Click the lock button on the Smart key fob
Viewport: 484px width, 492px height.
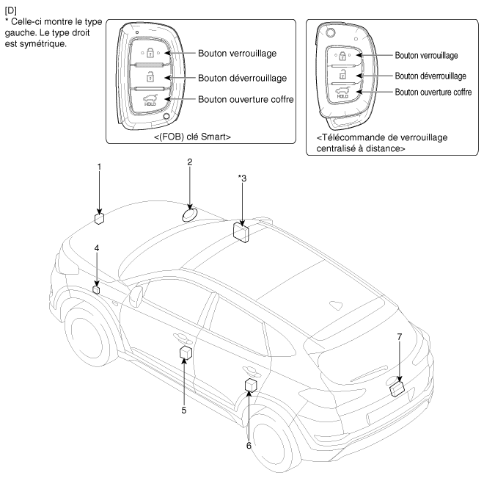(x=149, y=53)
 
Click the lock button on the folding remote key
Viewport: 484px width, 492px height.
(x=341, y=55)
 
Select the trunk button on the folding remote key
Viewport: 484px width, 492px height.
(x=341, y=90)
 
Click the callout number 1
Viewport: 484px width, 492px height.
(x=100, y=167)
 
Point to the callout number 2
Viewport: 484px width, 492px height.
(x=189, y=161)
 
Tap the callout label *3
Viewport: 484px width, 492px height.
(x=242, y=178)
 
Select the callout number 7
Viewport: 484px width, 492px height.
(x=399, y=336)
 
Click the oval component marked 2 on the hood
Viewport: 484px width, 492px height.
(x=189, y=214)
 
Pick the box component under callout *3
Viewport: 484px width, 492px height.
(x=241, y=231)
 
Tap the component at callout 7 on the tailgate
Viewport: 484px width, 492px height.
(x=397, y=387)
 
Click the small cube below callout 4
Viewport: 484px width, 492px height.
(x=96, y=290)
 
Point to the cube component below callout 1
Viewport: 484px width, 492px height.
(x=100, y=217)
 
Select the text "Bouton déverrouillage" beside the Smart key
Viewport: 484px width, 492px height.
(x=243, y=77)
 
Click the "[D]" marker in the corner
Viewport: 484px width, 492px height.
(x=10, y=9)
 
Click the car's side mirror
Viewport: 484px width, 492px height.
(x=136, y=296)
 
